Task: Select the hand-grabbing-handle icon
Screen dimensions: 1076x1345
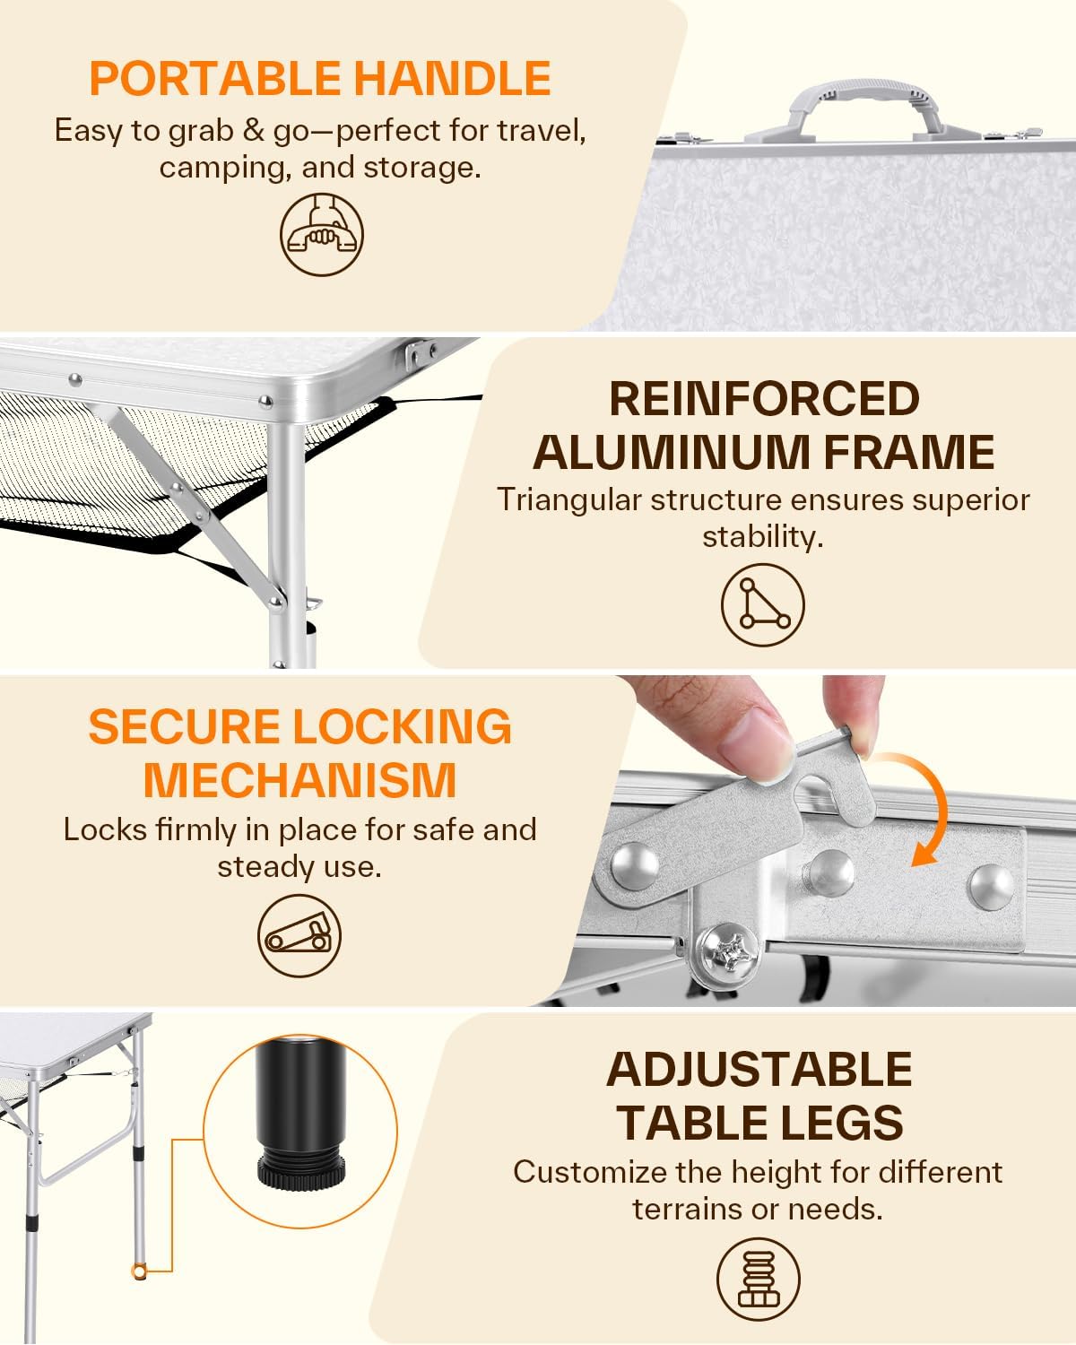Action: point(321,234)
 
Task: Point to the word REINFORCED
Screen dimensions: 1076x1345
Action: point(764,399)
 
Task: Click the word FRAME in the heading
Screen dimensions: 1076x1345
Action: point(908,452)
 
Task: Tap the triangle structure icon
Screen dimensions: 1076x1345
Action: point(763,604)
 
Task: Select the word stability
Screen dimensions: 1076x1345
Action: point(763,537)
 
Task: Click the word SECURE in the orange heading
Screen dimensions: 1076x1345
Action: point(184,726)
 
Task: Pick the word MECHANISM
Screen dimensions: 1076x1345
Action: point(300,779)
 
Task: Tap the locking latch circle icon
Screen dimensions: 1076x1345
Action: point(299,935)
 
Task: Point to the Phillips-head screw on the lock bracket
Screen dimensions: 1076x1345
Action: point(729,954)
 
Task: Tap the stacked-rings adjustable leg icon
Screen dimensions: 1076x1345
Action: point(758,1279)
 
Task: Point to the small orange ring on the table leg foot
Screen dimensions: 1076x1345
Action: point(138,1271)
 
